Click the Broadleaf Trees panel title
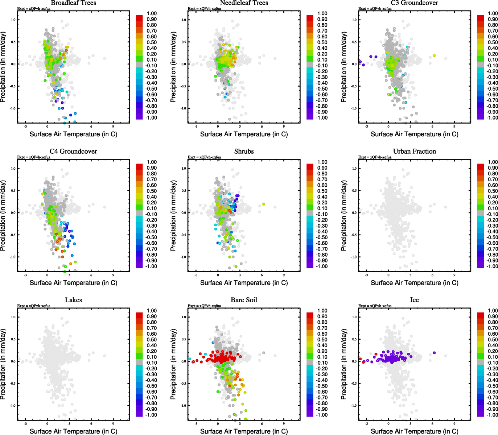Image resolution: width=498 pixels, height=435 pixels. click(73, 3)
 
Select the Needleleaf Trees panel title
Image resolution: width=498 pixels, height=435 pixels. click(244, 3)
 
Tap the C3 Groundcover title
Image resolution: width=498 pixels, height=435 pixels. click(414, 3)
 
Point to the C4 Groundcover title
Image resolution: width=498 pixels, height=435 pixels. click(73, 152)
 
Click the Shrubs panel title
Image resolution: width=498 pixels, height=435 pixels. click(244, 152)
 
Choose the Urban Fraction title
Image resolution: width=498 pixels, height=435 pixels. click(414, 152)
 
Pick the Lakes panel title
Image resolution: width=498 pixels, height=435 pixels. click(73, 300)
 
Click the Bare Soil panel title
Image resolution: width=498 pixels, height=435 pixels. click(244, 300)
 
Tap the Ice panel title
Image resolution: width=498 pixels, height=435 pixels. click(414, 300)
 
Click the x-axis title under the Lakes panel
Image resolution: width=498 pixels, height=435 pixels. click(73, 431)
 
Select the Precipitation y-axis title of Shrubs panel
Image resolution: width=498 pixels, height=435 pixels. click(173, 216)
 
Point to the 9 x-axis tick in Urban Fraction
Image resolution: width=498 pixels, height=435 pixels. click(454, 275)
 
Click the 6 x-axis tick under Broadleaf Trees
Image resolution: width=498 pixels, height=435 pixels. click(91, 127)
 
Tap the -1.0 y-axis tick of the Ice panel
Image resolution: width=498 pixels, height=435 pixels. click(354, 406)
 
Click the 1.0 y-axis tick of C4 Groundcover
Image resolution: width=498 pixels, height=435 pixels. click(13, 169)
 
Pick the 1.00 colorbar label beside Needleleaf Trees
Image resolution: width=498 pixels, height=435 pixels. click(322, 13)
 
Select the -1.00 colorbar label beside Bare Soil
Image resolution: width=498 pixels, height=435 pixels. click(321, 415)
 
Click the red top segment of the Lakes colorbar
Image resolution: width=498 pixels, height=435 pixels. click(139, 315)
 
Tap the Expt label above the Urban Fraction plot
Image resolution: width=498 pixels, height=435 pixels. click(375, 157)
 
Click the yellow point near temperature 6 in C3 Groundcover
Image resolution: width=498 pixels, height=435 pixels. click(434, 55)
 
